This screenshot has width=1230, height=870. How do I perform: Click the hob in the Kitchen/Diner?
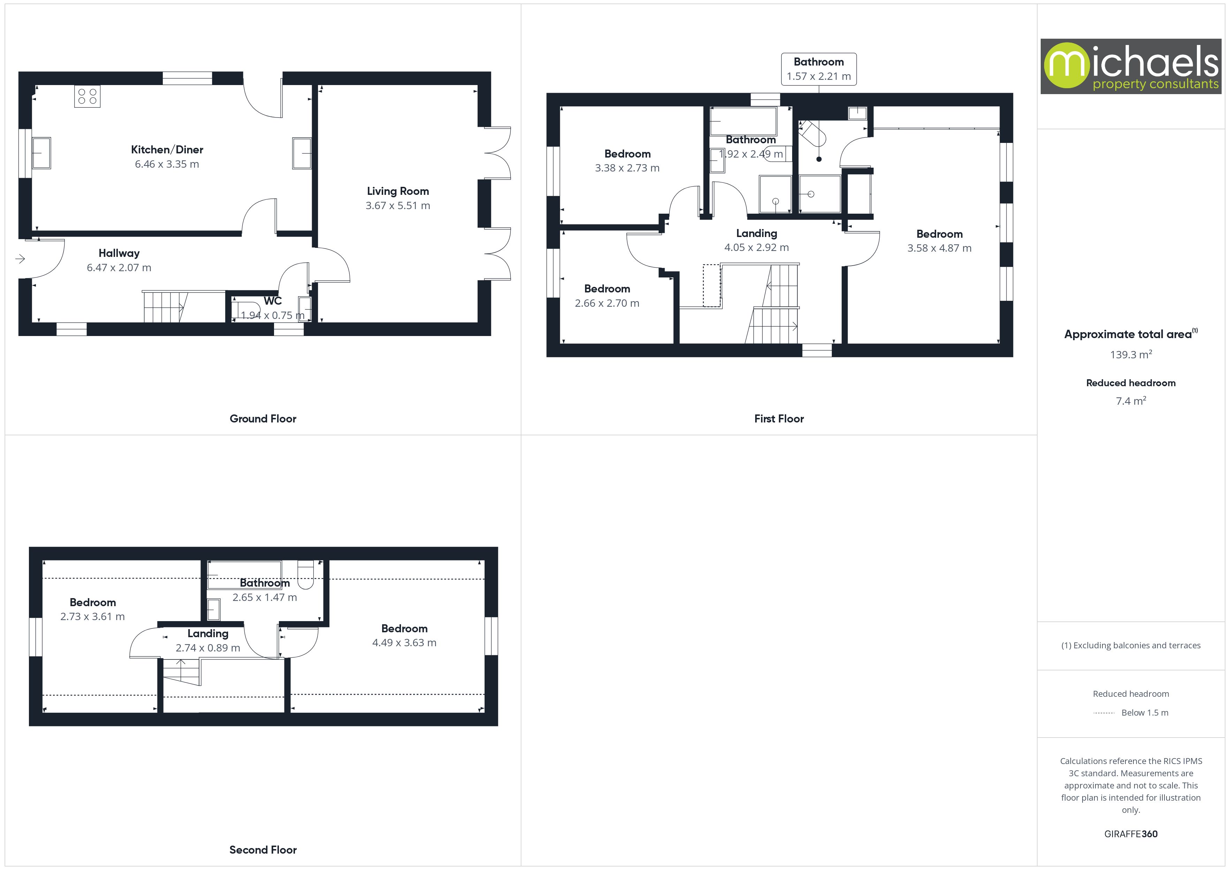(x=87, y=97)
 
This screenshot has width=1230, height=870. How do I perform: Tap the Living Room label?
(x=397, y=191)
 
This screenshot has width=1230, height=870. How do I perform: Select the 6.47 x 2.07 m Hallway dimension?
(x=119, y=267)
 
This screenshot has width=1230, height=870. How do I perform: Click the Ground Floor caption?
(x=263, y=418)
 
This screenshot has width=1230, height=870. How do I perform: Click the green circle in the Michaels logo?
(x=1066, y=66)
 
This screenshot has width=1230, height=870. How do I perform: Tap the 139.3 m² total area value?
(x=1130, y=354)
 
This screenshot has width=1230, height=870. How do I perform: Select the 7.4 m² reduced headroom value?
(x=1130, y=401)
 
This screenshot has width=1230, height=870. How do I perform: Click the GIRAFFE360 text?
(x=1130, y=833)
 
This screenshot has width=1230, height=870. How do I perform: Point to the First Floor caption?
(x=779, y=418)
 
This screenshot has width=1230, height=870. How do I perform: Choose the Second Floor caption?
(x=263, y=850)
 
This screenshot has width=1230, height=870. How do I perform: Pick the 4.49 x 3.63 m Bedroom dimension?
(x=404, y=642)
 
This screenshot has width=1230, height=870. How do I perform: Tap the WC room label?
(x=272, y=300)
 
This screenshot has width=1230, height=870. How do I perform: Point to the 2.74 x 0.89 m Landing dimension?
(x=207, y=648)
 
